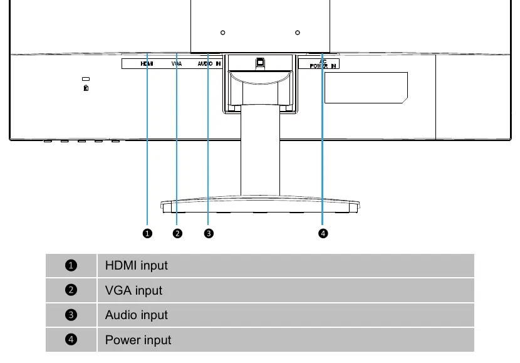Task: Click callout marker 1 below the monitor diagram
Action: [147, 233]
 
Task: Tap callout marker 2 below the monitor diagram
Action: [177, 233]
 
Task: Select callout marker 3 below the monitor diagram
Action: [209, 233]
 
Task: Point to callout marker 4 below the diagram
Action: [323, 233]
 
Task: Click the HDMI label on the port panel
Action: [147, 64]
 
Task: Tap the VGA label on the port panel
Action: [177, 64]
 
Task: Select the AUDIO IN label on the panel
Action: [209, 64]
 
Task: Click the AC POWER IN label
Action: [323, 64]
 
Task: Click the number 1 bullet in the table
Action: [71, 265]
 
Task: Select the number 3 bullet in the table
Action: [71, 315]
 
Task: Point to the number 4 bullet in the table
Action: [71, 339]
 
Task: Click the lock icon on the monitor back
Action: [86, 88]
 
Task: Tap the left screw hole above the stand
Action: [223, 33]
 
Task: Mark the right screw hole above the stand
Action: [298, 33]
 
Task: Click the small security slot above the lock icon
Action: [86, 79]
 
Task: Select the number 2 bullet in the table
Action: [71, 290]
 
